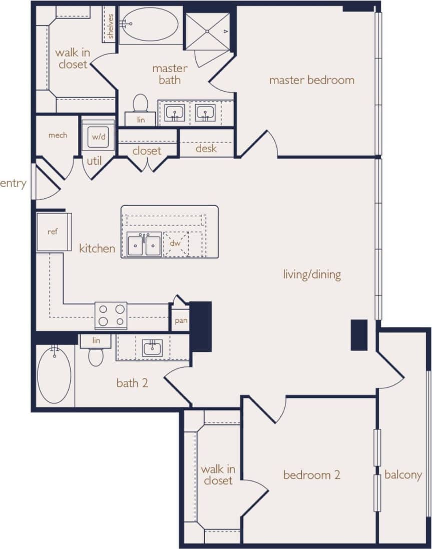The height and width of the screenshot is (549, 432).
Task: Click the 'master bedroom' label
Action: tap(311, 80)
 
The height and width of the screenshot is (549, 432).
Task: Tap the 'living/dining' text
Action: tap(312, 274)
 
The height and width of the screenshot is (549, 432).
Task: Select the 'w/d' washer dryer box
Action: tap(98, 135)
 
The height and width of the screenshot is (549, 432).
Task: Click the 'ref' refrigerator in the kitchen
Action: tap(53, 232)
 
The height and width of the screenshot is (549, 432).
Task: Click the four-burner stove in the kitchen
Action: tap(111, 315)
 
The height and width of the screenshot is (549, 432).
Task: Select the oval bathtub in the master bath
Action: tap(149, 24)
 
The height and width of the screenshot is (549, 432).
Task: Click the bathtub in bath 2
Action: tap(54, 374)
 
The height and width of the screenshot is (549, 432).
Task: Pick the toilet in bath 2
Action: tap(96, 356)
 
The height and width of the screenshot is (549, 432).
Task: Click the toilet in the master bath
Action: tap(141, 104)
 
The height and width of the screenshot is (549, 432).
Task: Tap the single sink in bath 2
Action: tap(152, 348)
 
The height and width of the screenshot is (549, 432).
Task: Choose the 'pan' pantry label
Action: tap(181, 320)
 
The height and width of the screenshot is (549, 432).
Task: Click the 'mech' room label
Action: tap(58, 135)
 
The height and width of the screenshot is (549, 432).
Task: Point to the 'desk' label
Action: tap(206, 149)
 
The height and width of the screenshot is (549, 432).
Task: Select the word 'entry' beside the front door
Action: tap(13, 184)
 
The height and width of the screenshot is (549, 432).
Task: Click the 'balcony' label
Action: tap(403, 475)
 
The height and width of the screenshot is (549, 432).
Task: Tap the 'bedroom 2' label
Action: tap(312, 475)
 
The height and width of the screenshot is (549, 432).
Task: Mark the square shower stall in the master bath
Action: tap(208, 32)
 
